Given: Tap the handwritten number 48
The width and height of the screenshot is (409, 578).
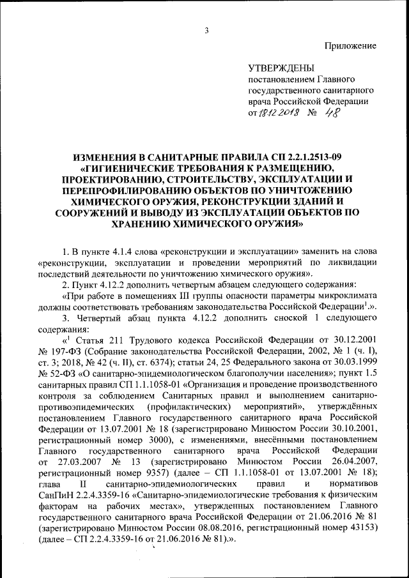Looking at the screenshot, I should tap(332, 112).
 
